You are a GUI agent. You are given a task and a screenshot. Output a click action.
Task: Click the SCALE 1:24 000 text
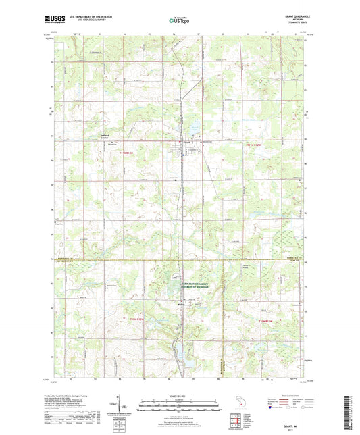[180, 395]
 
